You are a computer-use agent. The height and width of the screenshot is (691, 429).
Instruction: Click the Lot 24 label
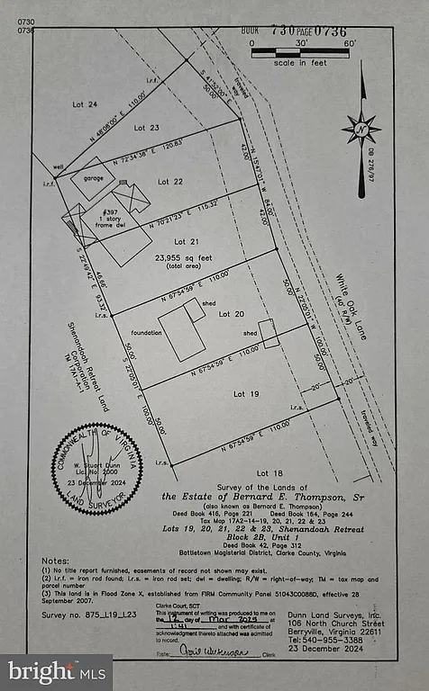85,104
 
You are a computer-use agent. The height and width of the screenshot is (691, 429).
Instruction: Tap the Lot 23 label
146,128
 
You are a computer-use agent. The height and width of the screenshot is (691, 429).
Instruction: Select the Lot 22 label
171,182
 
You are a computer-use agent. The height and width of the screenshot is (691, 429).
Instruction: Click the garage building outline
93,178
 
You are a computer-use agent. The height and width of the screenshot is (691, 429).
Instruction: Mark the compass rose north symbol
361,128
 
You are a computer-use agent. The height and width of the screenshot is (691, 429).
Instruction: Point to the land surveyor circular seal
96,466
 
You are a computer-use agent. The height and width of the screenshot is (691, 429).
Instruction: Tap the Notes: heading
56,560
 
